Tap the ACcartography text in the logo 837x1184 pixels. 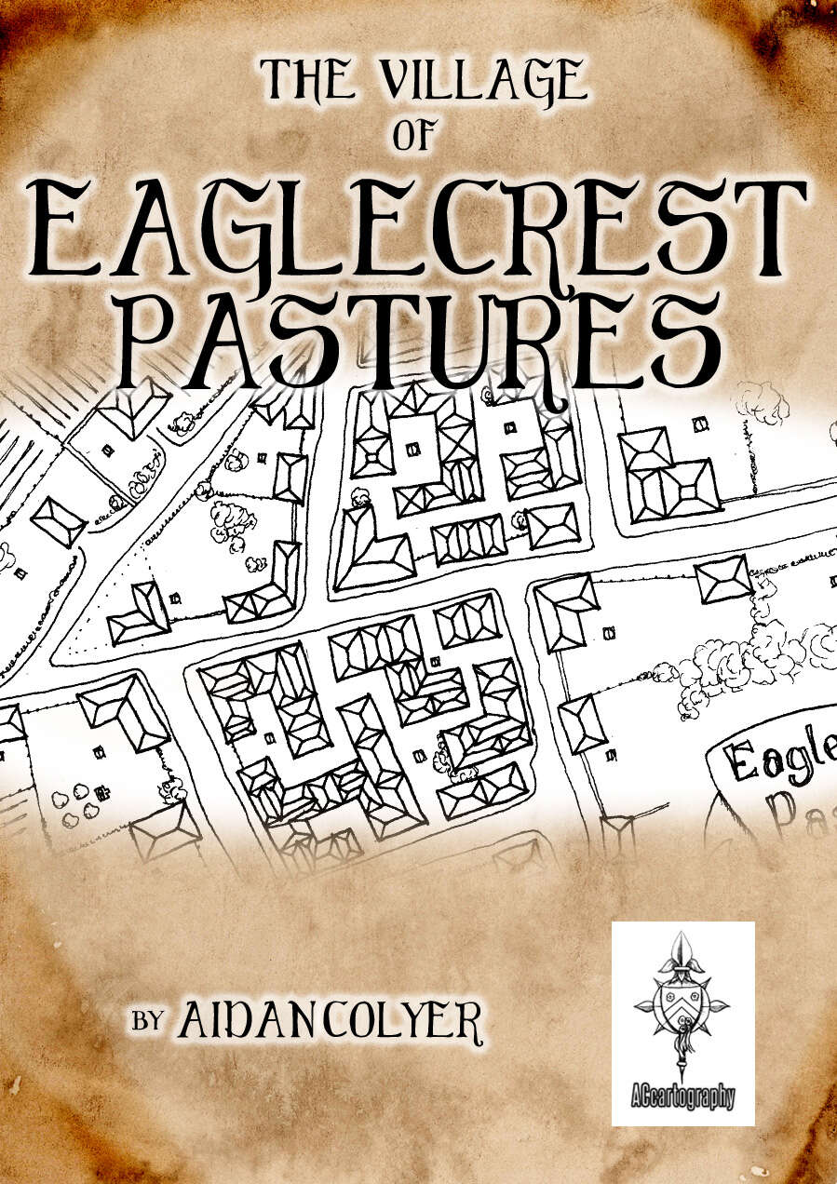(x=682, y=1097)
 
